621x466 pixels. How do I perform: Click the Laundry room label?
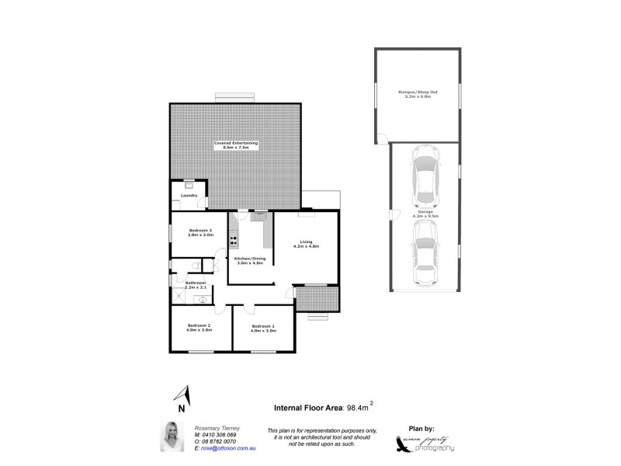tap(189, 195)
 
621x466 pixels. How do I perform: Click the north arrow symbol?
tap(181, 395)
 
